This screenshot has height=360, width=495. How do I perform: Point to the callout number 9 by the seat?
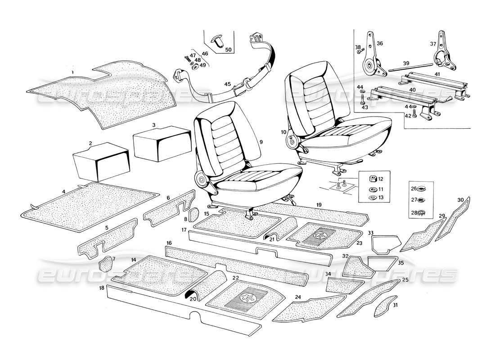click(261, 142)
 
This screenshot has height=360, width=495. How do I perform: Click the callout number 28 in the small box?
click(414, 213)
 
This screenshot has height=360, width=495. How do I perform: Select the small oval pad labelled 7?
click(106, 262)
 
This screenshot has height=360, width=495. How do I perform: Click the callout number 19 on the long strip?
click(319, 205)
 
